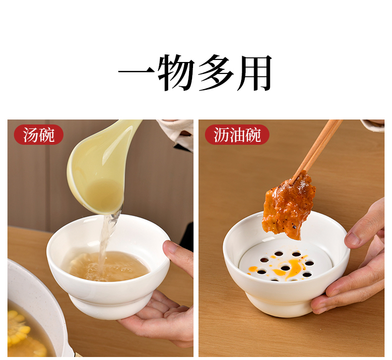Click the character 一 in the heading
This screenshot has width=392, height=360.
point(137,72)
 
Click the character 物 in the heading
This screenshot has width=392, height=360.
point(177,72)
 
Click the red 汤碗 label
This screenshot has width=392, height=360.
point(39,135)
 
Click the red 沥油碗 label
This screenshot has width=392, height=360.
point(237,135)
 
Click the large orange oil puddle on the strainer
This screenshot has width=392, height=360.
point(291,266)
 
